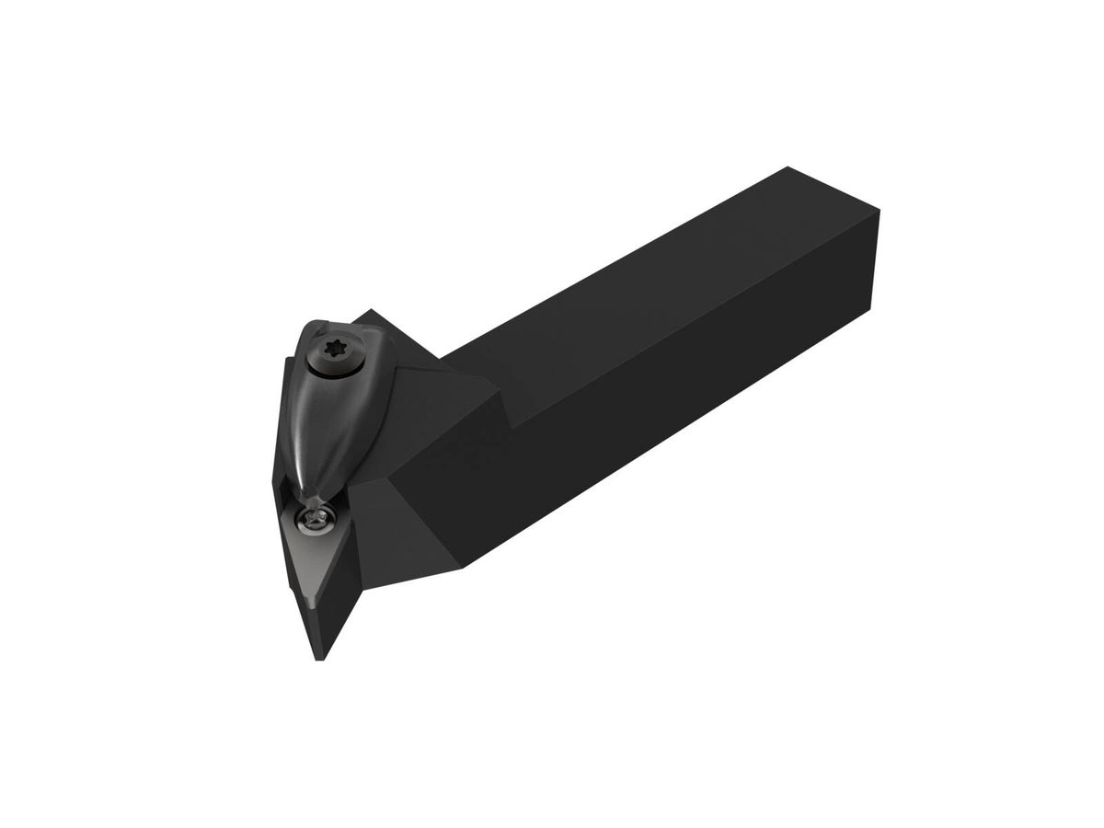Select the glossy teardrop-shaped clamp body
[x=323, y=414]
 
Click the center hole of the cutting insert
[x=314, y=522]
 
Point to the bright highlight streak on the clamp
[x=308, y=405]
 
